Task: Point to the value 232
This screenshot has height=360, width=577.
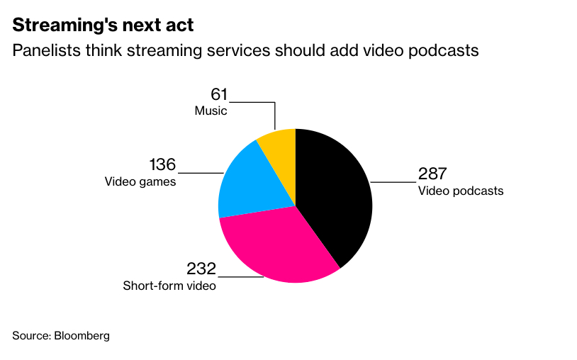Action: pos(201,269)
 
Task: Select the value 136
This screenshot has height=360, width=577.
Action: pos(162,165)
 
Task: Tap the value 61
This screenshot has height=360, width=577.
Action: pos(218,94)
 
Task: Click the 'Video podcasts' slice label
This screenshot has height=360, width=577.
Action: pos(461,191)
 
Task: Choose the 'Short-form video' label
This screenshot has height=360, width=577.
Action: pos(169,286)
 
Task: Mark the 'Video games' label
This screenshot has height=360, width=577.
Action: pos(140,181)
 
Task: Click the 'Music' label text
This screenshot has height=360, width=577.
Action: pos(211,111)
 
